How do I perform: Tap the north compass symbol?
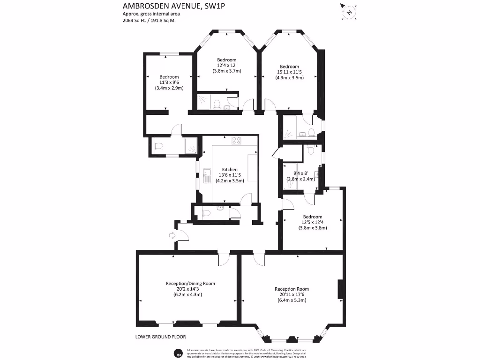348,11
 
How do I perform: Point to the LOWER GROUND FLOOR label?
160,337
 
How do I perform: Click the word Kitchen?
230,170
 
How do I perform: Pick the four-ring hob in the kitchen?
236,140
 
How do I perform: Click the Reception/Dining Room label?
190,284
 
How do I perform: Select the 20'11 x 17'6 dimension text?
292,294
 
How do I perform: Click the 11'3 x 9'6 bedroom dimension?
169,82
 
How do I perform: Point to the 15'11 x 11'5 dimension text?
289,72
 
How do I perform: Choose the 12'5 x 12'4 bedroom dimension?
312,222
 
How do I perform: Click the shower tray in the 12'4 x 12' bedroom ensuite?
204,100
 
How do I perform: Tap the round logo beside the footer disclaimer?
178,353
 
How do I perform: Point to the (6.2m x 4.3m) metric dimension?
190,295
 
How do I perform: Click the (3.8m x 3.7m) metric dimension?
226,71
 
